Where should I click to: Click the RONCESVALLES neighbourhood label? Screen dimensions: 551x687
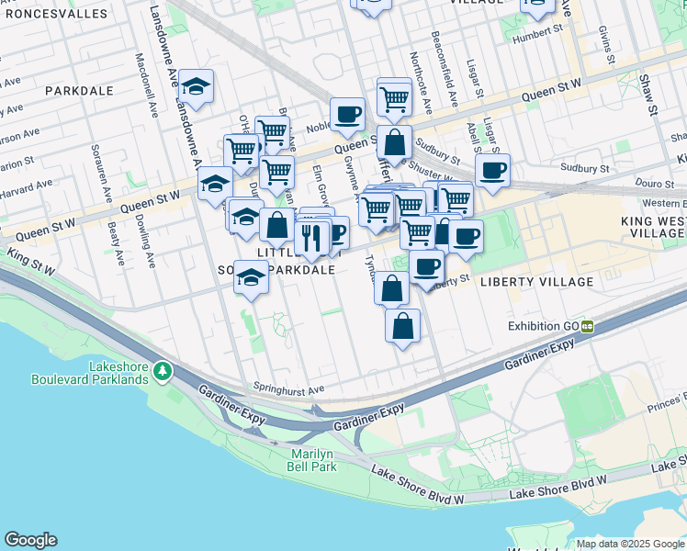point(49,15)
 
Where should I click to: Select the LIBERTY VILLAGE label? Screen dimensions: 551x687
point(534,281)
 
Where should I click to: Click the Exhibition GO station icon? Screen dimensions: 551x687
point(586,326)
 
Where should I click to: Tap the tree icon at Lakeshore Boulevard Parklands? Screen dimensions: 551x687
point(163,370)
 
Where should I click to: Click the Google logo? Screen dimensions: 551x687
point(30,540)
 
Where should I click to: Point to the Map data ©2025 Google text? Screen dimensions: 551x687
point(631,544)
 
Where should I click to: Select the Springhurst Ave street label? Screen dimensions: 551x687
point(290,389)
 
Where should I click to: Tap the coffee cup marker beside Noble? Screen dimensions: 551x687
point(347,115)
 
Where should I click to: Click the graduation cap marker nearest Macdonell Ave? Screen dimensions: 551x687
point(196,87)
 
